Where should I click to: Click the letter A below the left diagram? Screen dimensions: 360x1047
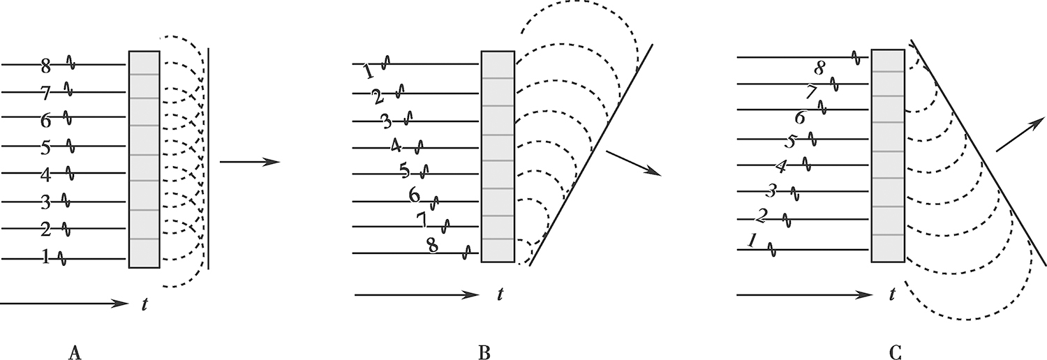76,354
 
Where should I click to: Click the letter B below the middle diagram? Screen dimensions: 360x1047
484,354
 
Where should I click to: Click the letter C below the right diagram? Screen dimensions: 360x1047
895,354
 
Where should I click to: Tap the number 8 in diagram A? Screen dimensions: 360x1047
46,66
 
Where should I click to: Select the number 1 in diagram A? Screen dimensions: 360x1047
46,258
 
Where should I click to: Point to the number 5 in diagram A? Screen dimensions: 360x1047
46,147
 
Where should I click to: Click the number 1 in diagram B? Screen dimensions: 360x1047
369,71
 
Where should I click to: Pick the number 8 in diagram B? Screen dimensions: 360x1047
433,246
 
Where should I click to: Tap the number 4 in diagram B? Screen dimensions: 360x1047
396,147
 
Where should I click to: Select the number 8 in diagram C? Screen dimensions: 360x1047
820,68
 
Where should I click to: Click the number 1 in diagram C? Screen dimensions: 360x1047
752,241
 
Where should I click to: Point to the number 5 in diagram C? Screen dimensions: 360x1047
791,142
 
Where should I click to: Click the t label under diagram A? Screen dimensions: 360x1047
143,304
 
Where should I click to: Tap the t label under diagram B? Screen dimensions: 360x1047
500,295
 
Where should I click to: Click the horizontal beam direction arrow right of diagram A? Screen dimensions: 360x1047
249,163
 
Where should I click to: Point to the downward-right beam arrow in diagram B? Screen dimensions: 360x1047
633,163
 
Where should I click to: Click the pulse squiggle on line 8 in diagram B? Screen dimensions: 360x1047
467,250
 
